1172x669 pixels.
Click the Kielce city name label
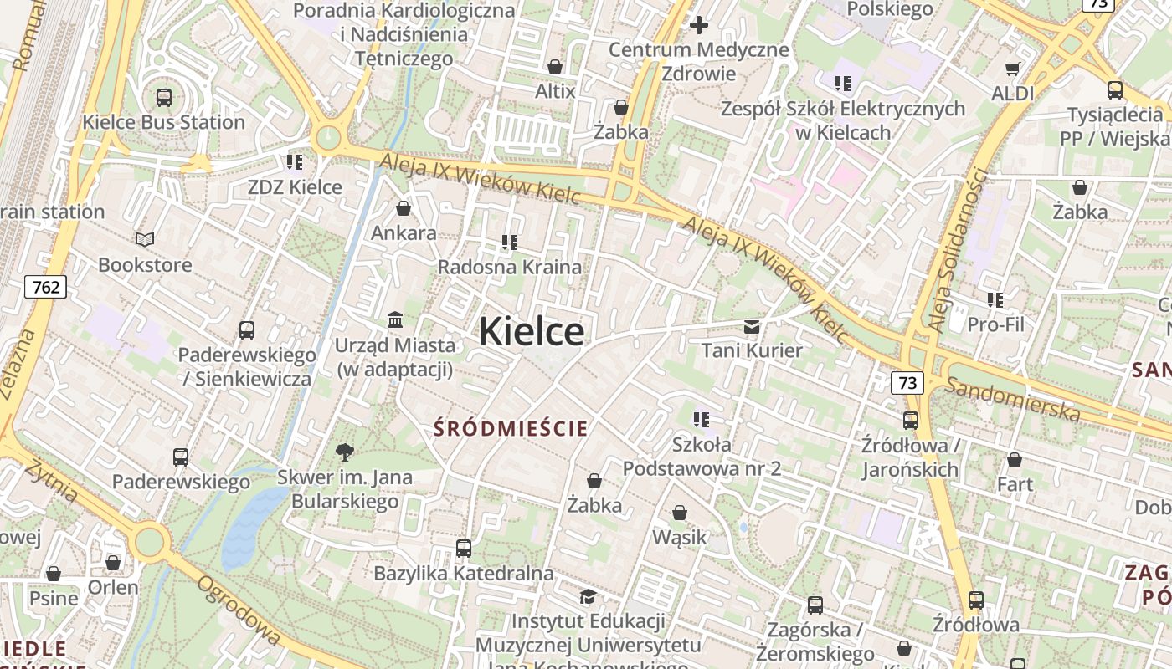(532, 332)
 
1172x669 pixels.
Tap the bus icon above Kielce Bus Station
(164, 97)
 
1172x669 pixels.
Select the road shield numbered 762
(46, 288)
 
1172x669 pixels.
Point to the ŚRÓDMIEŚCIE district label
(511, 429)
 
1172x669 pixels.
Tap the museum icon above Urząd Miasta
(395, 319)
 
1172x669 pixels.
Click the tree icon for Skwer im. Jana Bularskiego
(344, 452)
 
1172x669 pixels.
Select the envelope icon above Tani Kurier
(752, 326)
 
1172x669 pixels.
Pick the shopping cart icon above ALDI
(1013, 69)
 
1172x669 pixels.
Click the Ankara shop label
(404, 232)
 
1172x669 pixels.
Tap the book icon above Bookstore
(145, 240)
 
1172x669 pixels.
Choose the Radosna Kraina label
(510, 267)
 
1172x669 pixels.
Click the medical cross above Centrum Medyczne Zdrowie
(699, 25)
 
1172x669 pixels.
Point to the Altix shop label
(555, 90)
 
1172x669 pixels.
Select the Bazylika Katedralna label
(464, 574)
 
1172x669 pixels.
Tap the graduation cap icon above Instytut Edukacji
(589, 596)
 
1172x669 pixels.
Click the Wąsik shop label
(680, 537)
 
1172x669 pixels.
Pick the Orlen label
(113, 587)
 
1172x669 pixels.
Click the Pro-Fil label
(995, 324)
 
